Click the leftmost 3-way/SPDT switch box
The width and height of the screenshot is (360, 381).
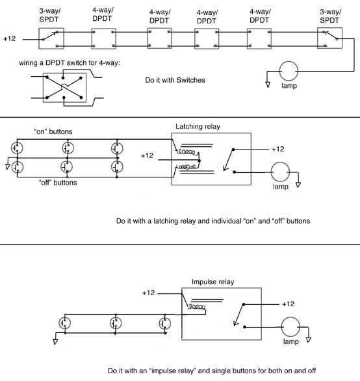click(39, 38)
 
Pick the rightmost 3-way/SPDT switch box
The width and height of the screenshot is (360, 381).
click(318, 38)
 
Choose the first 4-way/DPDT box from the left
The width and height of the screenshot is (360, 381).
click(92, 38)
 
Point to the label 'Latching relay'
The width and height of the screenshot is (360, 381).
click(198, 126)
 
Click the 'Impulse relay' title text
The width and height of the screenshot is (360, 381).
click(212, 282)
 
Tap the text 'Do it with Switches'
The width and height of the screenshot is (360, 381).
click(175, 80)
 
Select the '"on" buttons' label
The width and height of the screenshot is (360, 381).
click(53, 131)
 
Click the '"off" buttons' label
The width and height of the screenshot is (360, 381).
click(58, 183)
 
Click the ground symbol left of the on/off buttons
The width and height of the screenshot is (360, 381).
click(8, 166)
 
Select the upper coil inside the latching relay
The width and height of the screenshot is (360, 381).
click(186, 151)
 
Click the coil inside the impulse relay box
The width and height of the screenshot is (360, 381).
click(197, 307)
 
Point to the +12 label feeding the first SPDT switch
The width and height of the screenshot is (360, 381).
click(10, 38)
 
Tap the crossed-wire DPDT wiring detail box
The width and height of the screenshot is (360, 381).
click(44, 88)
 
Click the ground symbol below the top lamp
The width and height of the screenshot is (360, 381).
click(268, 85)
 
